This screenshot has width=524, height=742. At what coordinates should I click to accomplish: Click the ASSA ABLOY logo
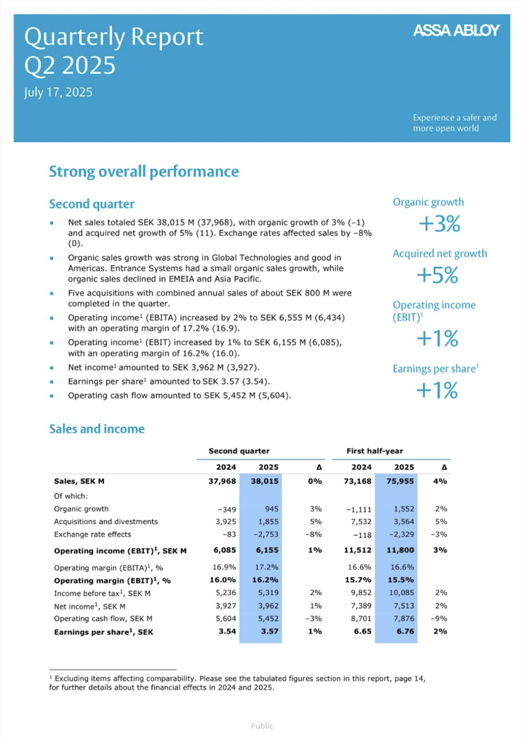456,30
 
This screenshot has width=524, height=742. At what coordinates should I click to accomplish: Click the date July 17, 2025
58,92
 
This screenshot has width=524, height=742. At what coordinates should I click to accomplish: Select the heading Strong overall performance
144,171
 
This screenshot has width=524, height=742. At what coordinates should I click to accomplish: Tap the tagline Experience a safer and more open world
455,123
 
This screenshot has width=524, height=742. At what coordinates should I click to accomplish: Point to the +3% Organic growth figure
439,224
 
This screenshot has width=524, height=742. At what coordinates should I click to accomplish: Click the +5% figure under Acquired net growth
437,275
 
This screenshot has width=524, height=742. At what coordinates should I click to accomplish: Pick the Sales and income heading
97,429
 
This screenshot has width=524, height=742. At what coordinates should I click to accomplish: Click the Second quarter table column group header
239,451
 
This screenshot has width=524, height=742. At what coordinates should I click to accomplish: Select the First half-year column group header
375,451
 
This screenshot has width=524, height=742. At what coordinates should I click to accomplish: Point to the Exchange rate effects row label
92,534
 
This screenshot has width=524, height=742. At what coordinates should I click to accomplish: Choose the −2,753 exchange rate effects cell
266,534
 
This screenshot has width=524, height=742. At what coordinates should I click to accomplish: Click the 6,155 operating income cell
268,551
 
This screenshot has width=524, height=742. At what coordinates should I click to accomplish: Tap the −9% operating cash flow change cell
439,618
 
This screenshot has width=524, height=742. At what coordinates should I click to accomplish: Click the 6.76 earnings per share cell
405,632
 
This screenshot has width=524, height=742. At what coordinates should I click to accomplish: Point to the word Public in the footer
262,726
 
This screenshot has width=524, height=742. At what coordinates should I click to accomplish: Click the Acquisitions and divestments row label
106,521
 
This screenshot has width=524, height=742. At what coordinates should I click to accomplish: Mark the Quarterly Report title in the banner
114,38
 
